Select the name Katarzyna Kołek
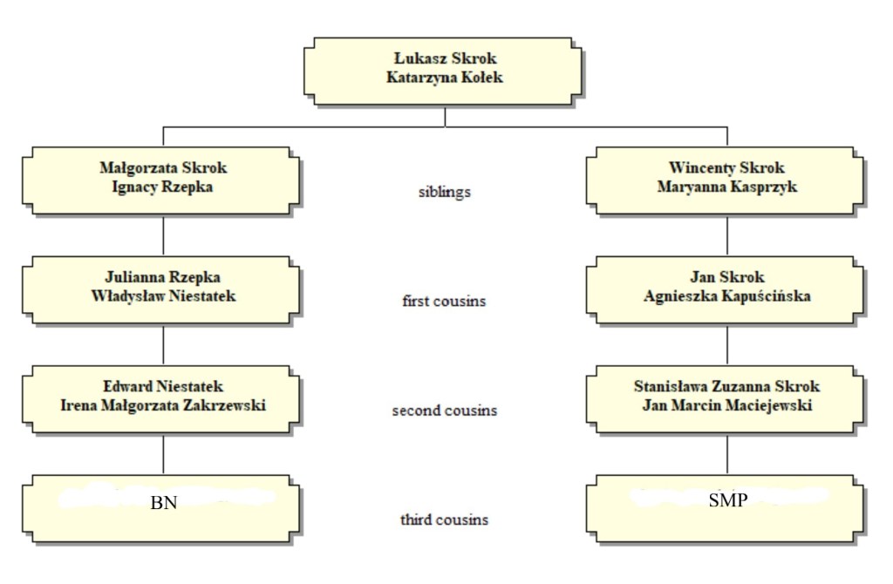pyautogui.click(x=445, y=77)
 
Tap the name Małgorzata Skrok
pyautogui.click(x=163, y=168)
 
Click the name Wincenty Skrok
pyautogui.click(x=726, y=168)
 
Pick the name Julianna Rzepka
pyautogui.click(x=163, y=278)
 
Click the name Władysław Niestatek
pyautogui.click(x=163, y=295)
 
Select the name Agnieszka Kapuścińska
pyautogui.click(x=726, y=295)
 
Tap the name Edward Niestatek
pyautogui.click(x=163, y=386)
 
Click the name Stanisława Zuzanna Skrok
pyautogui.click(x=726, y=386)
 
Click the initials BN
pyautogui.click(x=163, y=503)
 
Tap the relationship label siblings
pyautogui.click(x=444, y=192)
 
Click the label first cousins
pyautogui.click(x=444, y=302)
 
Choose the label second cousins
pyautogui.click(x=444, y=410)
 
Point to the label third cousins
pyautogui.click(x=444, y=519)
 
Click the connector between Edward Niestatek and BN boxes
pyautogui.click(x=163, y=453)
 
